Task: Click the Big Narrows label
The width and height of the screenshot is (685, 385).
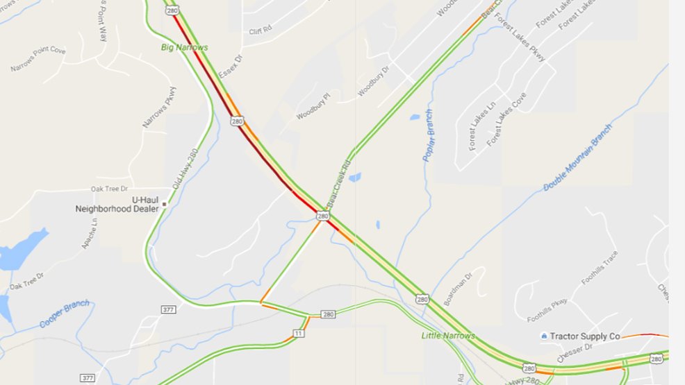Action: [184, 47]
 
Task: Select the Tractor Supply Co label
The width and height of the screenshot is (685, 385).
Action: [584, 336]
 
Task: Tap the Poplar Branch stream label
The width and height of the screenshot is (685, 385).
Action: [429, 136]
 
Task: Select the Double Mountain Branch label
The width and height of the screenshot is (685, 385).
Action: [578, 158]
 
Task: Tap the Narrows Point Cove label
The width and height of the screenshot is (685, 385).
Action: [38, 60]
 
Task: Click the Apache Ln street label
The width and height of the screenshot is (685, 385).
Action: [91, 234]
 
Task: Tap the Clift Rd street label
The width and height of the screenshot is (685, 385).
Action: [261, 31]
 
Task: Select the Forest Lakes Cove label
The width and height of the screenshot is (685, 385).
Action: [506, 119]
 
